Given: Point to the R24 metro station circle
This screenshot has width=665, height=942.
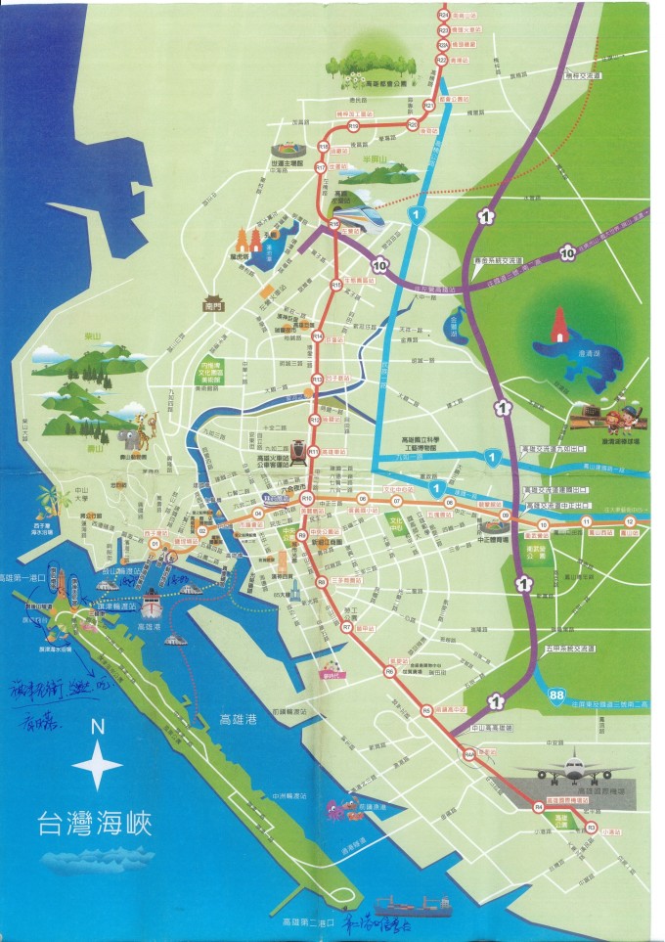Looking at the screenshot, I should click(443, 16).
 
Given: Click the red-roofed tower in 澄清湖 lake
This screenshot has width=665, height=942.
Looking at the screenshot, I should click(559, 326).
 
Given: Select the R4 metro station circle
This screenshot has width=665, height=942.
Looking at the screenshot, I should click(538, 807).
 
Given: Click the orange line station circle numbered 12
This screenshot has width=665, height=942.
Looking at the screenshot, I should click(631, 521).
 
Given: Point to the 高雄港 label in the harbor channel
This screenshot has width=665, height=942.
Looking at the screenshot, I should click(237, 719).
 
